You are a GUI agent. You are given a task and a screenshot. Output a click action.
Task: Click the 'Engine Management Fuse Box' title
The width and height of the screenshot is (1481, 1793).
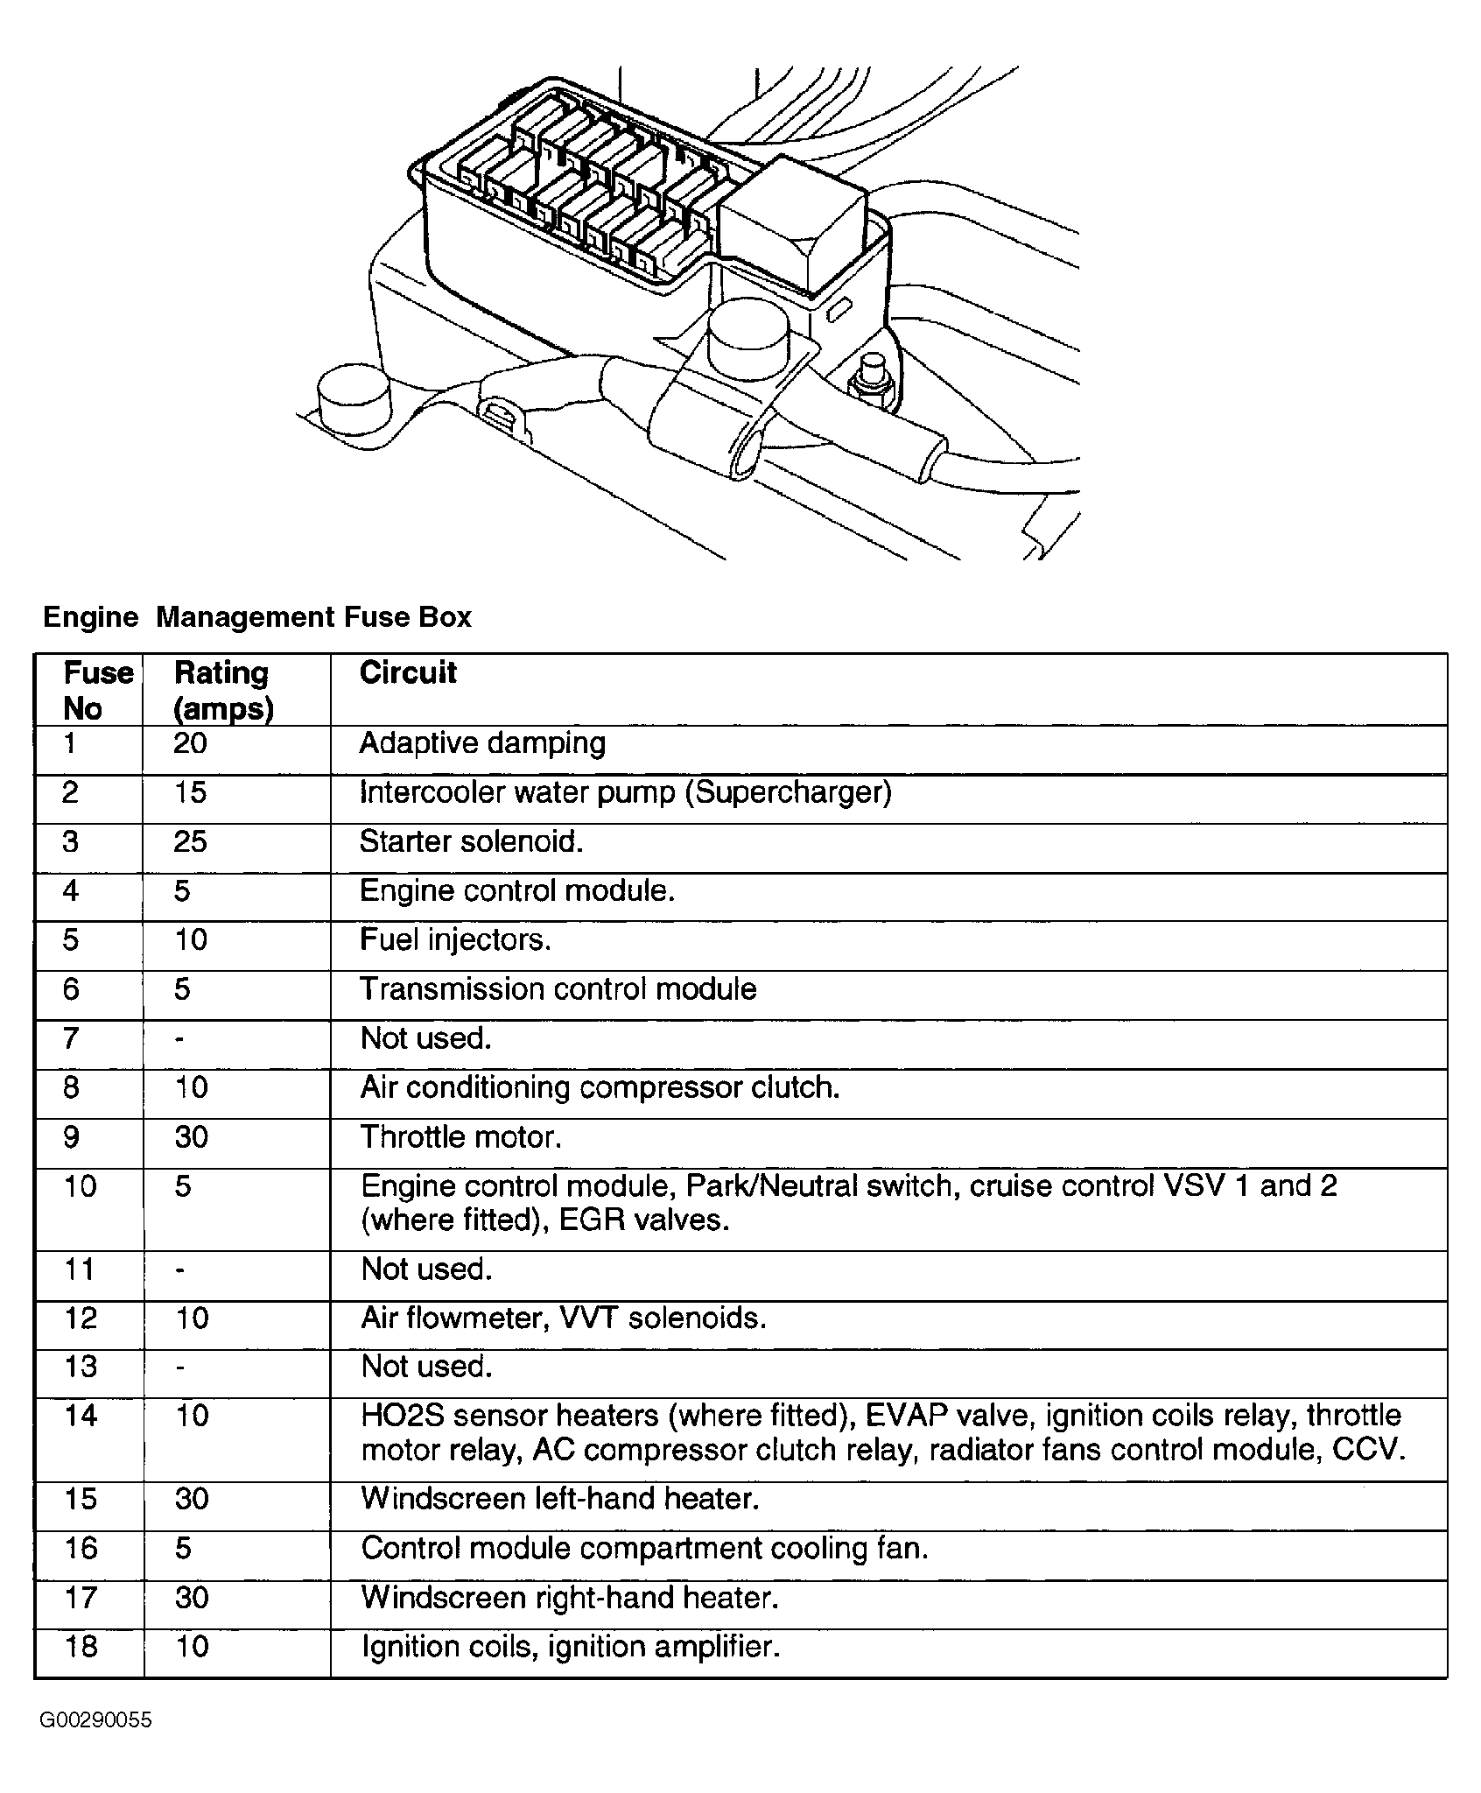pyautogui.click(x=256, y=617)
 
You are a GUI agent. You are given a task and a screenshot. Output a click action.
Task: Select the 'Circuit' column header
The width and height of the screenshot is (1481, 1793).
pyautogui.click(x=408, y=672)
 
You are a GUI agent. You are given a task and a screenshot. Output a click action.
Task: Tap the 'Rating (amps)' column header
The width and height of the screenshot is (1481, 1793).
pyautogui.click(x=223, y=690)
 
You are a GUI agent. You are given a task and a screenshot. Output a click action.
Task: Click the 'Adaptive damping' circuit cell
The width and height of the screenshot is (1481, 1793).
pyautogui.click(x=482, y=743)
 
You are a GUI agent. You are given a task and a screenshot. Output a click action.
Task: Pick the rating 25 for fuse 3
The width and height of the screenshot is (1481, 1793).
pyautogui.click(x=190, y=841)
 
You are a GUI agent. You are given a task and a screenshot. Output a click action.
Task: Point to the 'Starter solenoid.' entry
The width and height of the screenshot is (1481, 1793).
pyautogui.click(x=471, y=841)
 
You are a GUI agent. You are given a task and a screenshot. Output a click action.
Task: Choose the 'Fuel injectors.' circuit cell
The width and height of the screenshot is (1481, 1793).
pyautogui.click(x=455, y=939)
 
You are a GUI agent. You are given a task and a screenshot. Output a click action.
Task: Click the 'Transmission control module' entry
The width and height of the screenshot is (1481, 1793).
pyautogui.click(x=558, y=988)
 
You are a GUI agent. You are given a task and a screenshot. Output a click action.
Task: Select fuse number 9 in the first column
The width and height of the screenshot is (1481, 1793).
pyautogui.click(x=72, y=1136)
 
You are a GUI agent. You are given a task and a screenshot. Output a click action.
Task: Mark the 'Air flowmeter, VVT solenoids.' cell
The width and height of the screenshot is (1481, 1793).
pyautogui.click(x=564, y=1318)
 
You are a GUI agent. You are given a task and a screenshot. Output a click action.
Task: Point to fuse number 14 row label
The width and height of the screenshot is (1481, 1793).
pyautogui.click(x=81, y=1416)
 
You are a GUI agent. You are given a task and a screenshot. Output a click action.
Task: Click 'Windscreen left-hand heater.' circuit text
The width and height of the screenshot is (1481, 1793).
pyautogui.click(x=560, y=1498)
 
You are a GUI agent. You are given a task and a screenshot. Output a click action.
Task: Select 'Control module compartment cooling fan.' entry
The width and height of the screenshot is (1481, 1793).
pyautogui.click(x=644, y=1548)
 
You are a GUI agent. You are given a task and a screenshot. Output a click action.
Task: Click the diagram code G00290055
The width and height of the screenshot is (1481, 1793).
pyautogui.click(x=95, y=1720)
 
